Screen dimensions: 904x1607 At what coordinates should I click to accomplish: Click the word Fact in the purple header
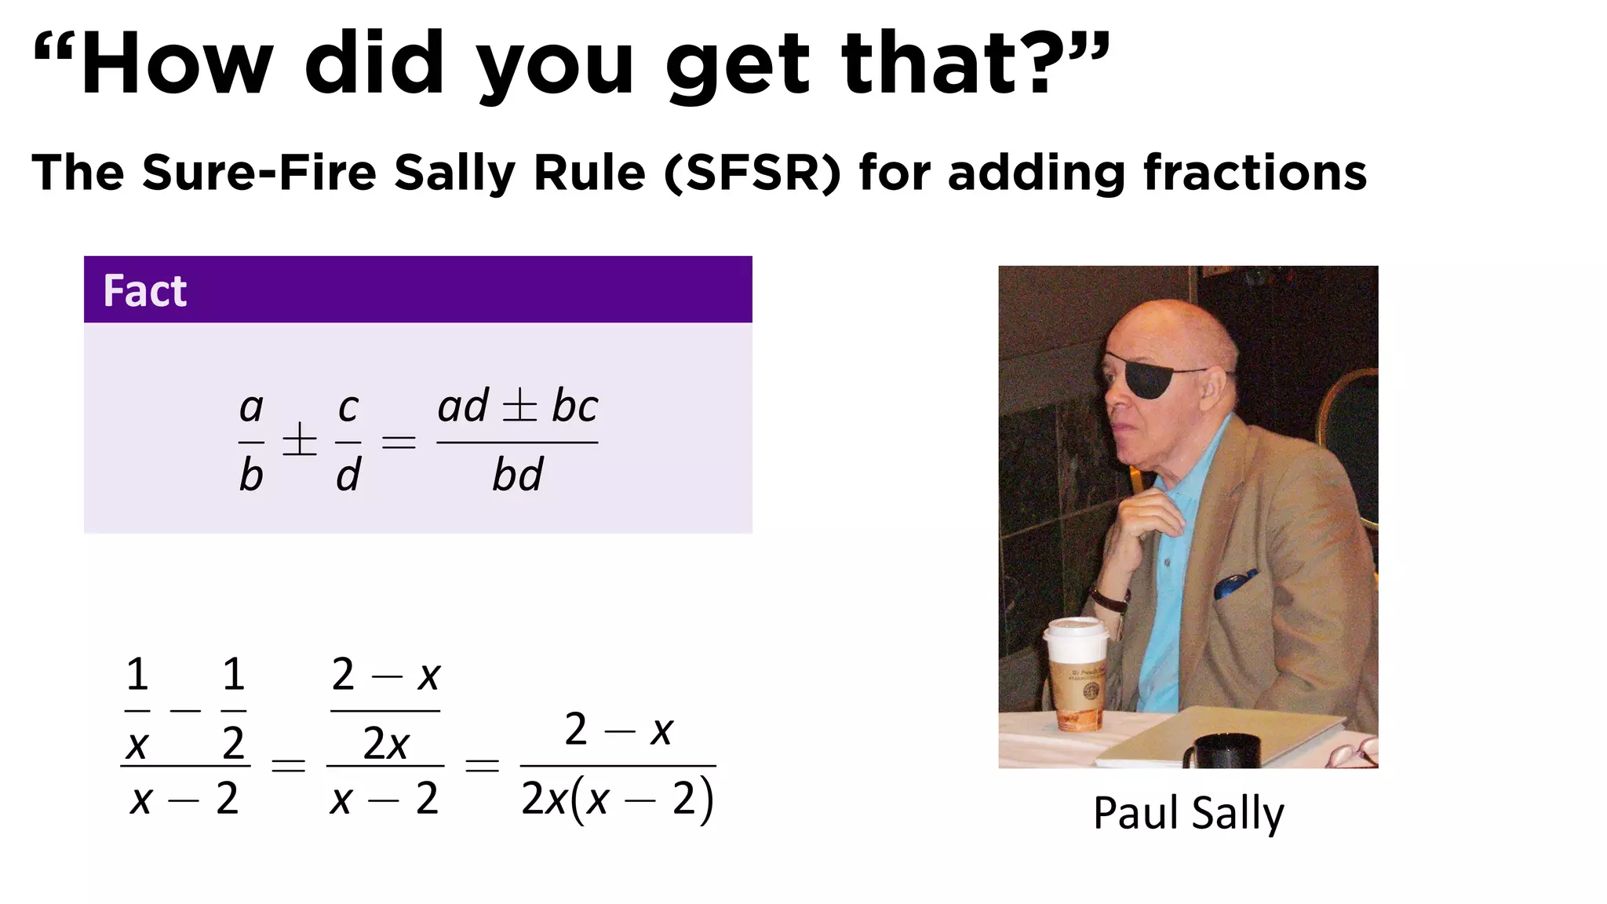pyautogui.click(x=145, y=291)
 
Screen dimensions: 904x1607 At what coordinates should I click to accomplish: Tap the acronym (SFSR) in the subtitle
pyautogui.click(x=752, y=173)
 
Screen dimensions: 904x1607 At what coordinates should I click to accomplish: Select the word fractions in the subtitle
pyautogui.click(x=1255, y=173)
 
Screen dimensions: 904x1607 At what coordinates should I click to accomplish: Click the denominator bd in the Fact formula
pyautogui.click(x=517, y=476)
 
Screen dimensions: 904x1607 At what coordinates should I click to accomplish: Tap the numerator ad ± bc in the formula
pyautogui.click(x=517, y=406)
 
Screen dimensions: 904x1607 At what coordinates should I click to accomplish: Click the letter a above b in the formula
pyautogui.click(x=251, y=407)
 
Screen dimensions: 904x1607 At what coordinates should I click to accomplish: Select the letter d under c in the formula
pyautogui.click(x=348, y=476)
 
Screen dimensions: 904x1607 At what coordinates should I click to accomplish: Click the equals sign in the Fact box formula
pyautogui.click(x=399, y=443)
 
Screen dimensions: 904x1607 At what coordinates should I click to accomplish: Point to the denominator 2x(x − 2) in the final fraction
pyautogui.click(x=618, y=800)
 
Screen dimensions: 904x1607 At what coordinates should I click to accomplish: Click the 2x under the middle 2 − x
pyautogui.click(x=385, y=743)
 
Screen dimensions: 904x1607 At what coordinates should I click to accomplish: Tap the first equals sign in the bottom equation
pyautogui.click(x=288, y=764)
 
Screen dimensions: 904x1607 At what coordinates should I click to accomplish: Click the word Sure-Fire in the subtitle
pyautogui.click(x=259, y=173)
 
